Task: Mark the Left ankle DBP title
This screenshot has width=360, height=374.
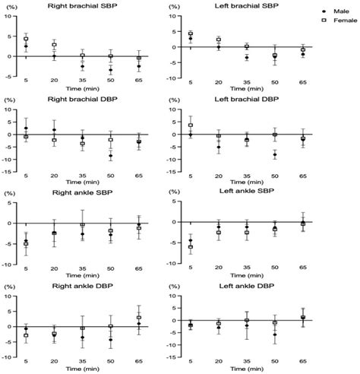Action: (247, 284)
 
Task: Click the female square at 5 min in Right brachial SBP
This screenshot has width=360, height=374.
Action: (26, 39)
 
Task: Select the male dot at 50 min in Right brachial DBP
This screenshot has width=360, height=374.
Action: (111, 156)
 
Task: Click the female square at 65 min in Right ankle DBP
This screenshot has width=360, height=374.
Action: (139, 318)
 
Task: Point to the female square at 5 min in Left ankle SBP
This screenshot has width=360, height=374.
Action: (190, 247)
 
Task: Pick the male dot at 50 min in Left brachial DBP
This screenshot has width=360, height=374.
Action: (275, 155)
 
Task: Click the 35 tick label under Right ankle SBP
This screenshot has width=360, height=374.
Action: (82, 269)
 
